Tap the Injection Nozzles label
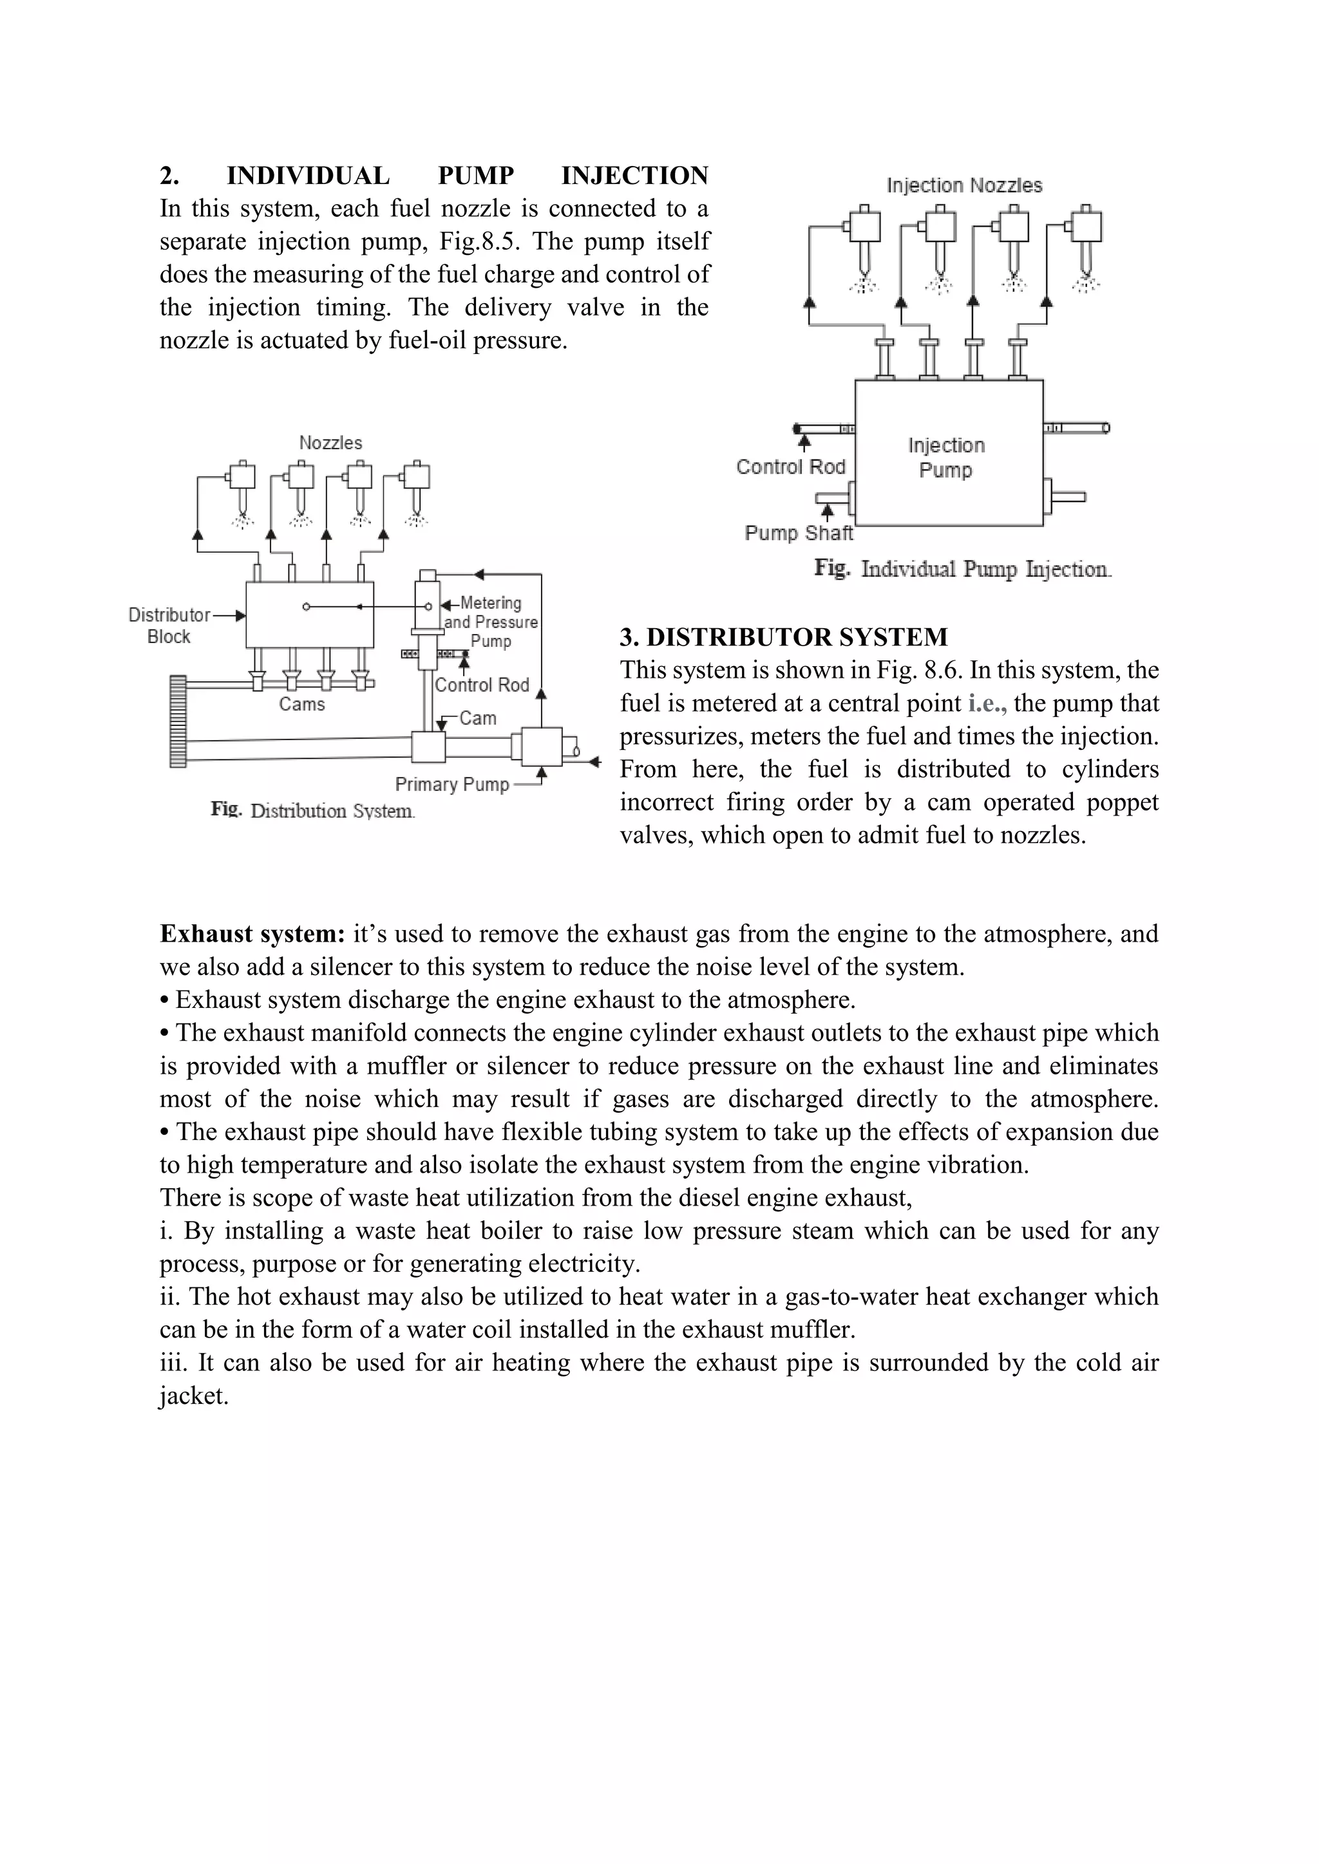pos(964,185)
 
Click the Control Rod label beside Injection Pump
pos(790,467)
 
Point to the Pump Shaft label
pos(799,534)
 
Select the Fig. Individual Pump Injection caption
pos(962,568)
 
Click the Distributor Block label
pos(169,625)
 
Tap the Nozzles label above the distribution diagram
pos(330,442)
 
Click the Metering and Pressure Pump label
pos(491,622)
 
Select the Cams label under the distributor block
pos(301,704)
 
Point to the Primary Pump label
pos(451,784)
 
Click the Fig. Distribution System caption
pos(313,810)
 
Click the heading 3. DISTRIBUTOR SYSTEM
pos(783,637)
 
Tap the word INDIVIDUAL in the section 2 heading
pos(308,175)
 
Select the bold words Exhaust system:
pos(252,934)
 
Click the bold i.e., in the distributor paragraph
pos(987,703)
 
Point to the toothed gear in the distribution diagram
pos(178,721)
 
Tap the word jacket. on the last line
pos(194,1395)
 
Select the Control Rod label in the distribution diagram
pos(482,684)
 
